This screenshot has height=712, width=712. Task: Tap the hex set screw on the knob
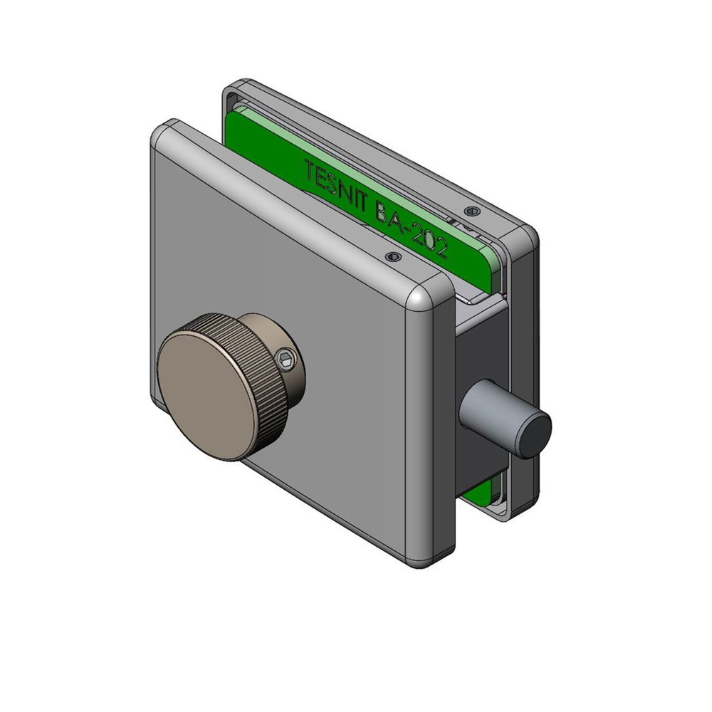[x=286, y=360]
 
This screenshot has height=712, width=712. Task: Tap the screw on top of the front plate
[x=393, y=258]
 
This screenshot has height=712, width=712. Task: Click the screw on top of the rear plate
[x=473, y=211]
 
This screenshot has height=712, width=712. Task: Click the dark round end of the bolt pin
[x=535, y=436]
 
